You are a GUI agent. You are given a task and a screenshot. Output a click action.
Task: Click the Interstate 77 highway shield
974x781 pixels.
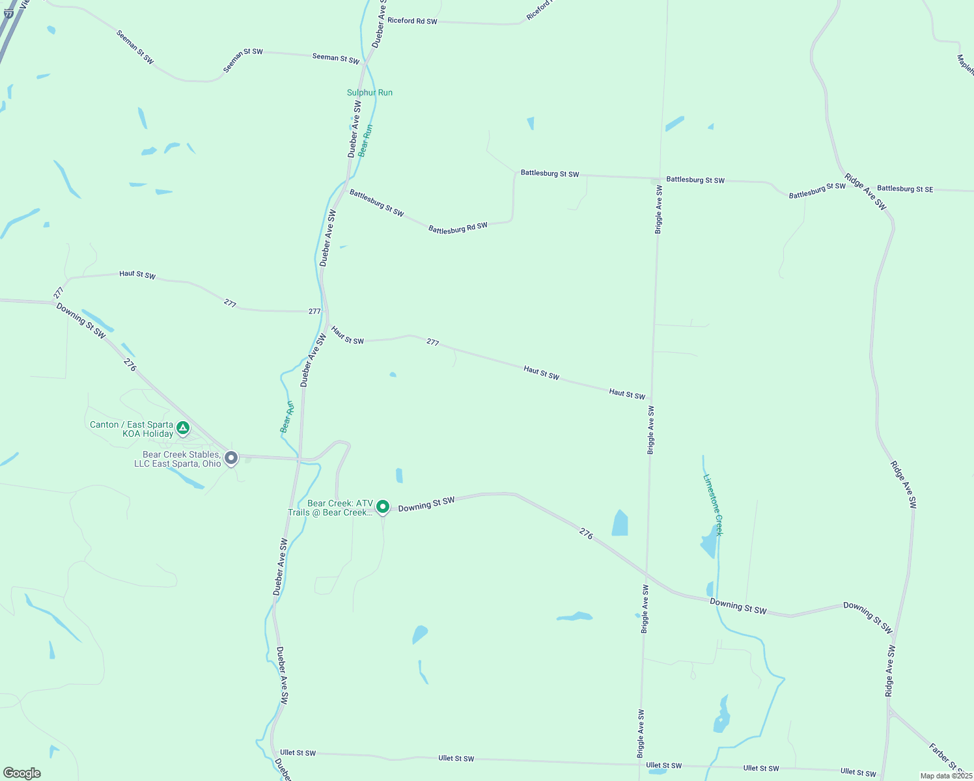pos(8,14)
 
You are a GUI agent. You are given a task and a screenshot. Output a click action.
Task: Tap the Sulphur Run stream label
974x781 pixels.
pos(369,92)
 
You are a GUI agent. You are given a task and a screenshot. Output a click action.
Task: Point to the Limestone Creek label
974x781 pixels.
pos(713,504)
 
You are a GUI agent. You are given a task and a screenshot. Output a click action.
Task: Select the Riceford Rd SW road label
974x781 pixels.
pos(412,21)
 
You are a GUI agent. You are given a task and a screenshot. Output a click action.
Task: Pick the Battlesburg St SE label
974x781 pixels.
pos(904,189)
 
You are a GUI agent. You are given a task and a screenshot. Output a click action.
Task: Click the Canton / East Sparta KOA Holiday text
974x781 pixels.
pos(132,429)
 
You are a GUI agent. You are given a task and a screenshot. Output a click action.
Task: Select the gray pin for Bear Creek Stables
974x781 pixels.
pos(231,458)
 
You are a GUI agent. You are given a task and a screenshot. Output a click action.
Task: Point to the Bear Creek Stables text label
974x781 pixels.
pos(182,459)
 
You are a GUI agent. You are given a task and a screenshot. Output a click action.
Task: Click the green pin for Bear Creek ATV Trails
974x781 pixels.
pos(383,506)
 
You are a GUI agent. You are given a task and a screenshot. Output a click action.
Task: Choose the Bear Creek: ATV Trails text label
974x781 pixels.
pos(331,508)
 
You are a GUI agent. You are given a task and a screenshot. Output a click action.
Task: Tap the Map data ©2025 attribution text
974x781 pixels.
pos(945,776)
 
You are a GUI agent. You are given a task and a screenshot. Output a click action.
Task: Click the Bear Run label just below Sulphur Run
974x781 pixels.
pos(365,141)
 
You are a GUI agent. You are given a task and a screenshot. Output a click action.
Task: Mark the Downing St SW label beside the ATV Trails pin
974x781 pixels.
pos(426,503)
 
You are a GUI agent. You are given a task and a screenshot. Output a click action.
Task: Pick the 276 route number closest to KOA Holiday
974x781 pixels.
pos(130,365)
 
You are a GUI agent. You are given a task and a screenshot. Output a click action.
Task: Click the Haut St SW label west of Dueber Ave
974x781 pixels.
pos(137,275)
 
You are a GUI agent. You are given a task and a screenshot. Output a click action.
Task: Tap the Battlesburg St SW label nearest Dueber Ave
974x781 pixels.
pos(376,202)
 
